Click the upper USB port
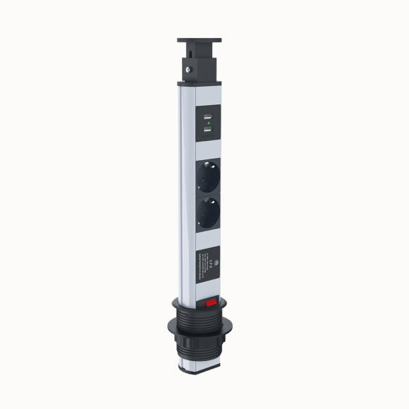(209, 117)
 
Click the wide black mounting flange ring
(201, 321)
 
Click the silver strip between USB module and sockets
(208, 149)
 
